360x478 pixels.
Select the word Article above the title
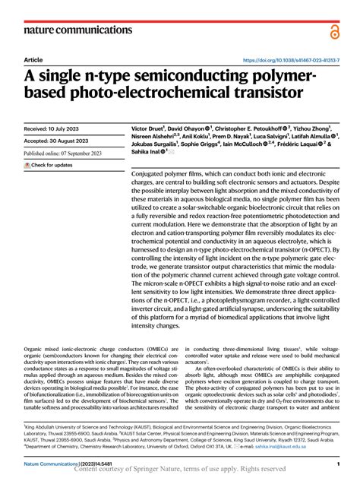[33, 59]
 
